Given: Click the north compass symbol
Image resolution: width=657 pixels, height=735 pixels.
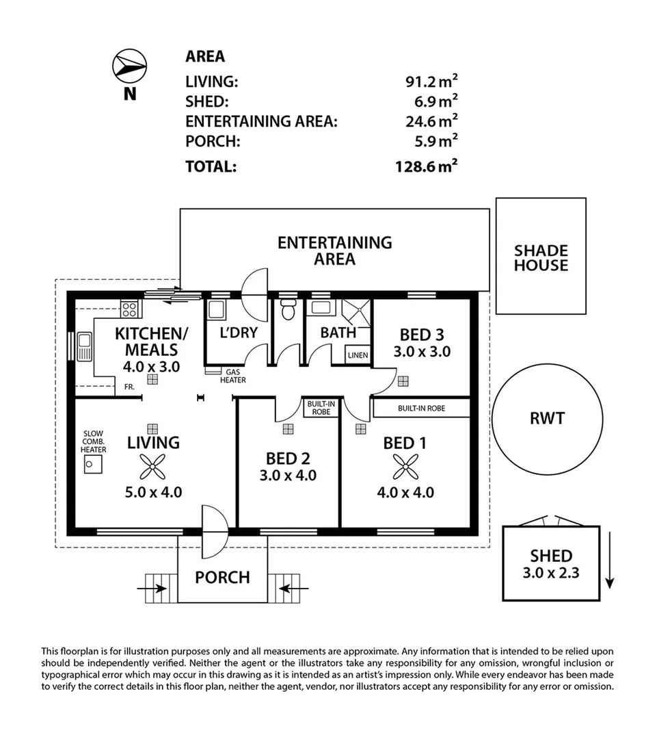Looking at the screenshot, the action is pyautogui.click(x=129, y=66).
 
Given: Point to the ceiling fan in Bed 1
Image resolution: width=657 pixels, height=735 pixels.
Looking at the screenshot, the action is pyautogui.click(x=405, y=467).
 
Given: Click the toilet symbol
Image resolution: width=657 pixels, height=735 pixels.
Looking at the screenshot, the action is pyautogui.click(x=288, y=309).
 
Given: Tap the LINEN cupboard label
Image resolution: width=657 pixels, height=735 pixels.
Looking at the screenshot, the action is pyautogui.click(x=358, y=355).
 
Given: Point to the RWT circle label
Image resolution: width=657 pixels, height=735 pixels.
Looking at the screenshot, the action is pyautogui.click(x=547, y=417).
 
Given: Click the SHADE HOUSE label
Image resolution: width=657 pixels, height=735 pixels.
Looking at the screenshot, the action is pyautogui.click(x=541, y=258).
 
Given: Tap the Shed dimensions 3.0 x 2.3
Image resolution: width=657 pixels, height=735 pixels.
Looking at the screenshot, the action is pyautogui.click(x=551, y=573).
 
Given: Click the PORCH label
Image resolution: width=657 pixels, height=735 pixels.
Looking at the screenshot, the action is pyautogui.click(x=222, y=577).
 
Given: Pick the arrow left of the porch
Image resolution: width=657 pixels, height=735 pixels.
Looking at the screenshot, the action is pyautogui.click(x=154, y=588).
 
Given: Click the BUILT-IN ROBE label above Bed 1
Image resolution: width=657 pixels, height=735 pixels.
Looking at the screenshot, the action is pyautogui.click(x=421, y=409).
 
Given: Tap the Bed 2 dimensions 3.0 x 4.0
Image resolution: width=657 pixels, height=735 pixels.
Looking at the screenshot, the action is pyautogui.click(x=288, y=475).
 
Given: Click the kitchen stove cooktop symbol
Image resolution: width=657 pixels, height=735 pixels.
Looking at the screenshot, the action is pyautogui.click(x=129, y=309).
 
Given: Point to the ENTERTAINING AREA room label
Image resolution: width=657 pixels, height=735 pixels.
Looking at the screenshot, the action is pyautogui.click(x=334, y=250).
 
